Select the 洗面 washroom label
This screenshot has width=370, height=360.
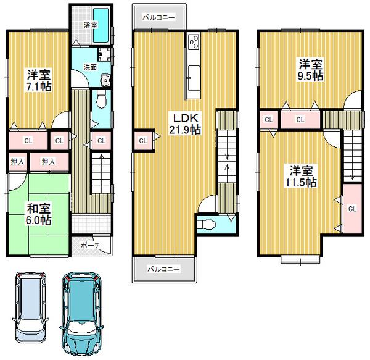pyautogui.click(x=89, y=67)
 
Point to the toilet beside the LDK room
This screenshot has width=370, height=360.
pyautogui.click(x=208, y=224)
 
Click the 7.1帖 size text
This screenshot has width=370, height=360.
pyautogui.click(x=38, y=86)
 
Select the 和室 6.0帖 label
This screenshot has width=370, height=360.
pyautogui.click(x=38, y=214)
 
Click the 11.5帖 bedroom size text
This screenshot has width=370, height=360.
pyautogui.click(x=302, y=177)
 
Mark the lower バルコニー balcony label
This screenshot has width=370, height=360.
pyautogui.click(x=163, y=269)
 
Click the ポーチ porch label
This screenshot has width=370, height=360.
pyautogui.click(x=91, y=244)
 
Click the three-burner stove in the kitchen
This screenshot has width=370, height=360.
pyautogui.click(x=193, y=42)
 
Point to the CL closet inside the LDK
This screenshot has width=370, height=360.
pyautogui.click(x=142, y=141)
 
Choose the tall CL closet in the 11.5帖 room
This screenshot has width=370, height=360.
pyautogui.click(x=352, y=209)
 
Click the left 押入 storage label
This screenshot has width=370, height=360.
pyautogui.click(x=17, y=162)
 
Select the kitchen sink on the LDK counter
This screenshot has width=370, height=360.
pyautogui.click(x=192, y=70)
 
